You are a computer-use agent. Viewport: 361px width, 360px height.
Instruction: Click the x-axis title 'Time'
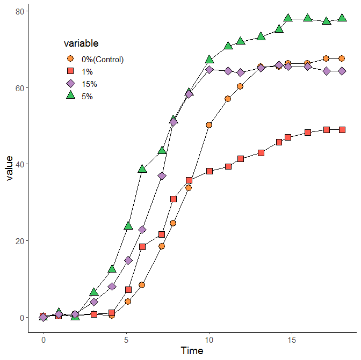point(192,351)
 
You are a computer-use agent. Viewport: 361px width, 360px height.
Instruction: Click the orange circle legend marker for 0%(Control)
point(70,58)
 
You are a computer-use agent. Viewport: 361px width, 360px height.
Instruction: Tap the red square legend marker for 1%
point(70,71)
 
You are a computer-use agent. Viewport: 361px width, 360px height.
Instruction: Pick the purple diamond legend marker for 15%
point(70,83)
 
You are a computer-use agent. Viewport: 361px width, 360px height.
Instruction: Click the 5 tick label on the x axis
point(126,340)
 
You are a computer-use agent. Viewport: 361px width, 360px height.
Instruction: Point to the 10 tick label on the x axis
point(209,340)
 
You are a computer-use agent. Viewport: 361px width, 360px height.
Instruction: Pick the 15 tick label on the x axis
point(292,340)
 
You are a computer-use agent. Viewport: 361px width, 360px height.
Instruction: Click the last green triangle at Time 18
point(342,18)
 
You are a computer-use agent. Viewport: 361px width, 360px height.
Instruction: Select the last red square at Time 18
point(342,130)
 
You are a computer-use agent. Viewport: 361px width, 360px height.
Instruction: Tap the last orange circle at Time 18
point(342,58)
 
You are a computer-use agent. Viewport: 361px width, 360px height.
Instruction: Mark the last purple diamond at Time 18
point(342,71)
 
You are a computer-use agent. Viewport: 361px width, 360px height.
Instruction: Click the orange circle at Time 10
point(209,125)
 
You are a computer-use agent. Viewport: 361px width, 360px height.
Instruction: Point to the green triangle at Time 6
point(142,169)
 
